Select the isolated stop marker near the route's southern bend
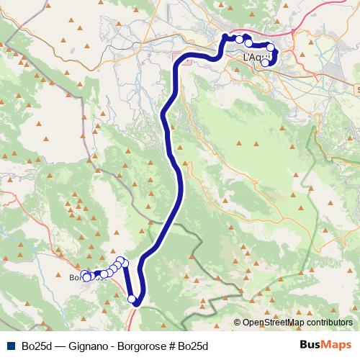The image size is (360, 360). point(132,299)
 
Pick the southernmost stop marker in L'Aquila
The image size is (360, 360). point(265,63)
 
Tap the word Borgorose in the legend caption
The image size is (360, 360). point(145,346)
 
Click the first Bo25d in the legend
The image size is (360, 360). point(36,346)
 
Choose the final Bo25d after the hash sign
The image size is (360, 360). point(193,346)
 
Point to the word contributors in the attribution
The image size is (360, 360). point(329,323)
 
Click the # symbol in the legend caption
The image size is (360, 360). point(173,346)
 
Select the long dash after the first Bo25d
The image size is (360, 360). point(60,346)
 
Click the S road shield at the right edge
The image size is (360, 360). point(358,89)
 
